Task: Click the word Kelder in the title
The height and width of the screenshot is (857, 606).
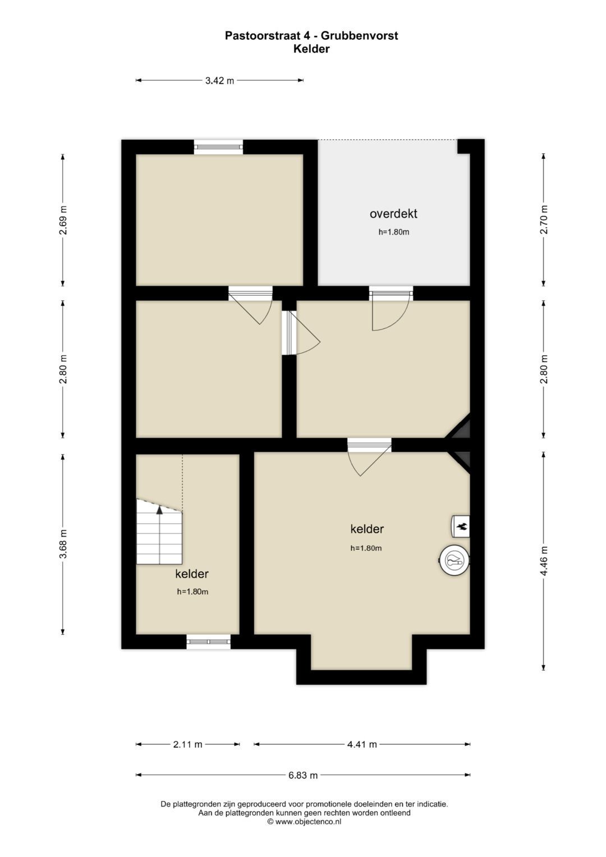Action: click(x=311, y=49)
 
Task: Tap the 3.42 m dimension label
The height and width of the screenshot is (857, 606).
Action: click(x=219, y=81)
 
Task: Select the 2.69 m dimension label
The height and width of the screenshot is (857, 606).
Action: click(x=63, y=221)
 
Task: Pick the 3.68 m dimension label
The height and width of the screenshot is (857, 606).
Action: click(x=63, y=544)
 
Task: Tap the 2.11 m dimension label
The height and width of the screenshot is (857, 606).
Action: click(x=187, y=745)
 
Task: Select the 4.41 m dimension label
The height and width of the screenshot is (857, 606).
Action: click(x=362, y=745)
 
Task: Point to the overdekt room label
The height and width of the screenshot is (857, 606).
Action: click(x=393, y=213)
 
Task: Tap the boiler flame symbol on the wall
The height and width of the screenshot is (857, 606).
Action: click(x=461, y=527)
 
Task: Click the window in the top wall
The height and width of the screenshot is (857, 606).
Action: click(x=218, y=147)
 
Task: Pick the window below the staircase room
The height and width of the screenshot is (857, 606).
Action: click(x=209, y=641)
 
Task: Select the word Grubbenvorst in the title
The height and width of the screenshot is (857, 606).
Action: click(x=359, y=36)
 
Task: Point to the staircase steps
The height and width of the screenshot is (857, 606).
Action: click(x=159, y=532)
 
